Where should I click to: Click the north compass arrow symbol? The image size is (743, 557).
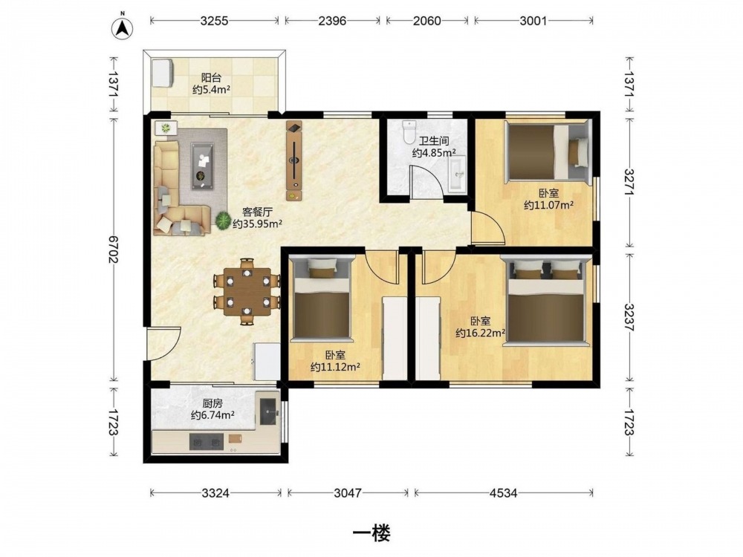point(123,28)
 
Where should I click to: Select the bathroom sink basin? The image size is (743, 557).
point(457,175)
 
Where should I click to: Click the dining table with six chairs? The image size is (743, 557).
point(247,291)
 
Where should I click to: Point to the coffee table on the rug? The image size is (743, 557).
point(202,166)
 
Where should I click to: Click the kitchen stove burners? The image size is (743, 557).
point(207,443)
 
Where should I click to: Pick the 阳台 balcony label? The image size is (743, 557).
point(211,78)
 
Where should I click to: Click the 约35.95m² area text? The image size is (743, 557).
point(257,224)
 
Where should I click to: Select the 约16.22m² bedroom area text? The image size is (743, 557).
point(481,333)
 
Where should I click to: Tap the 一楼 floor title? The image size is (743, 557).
point(371,534)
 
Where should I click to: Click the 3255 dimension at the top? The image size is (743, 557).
point(214,21)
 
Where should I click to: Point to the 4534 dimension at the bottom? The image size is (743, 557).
point(503,493)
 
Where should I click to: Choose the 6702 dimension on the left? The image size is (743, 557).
point(114,249)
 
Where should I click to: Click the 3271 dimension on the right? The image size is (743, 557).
point(629,183)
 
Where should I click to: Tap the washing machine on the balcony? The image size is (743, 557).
point(163,73)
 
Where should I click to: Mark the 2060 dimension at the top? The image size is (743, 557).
point(426,21)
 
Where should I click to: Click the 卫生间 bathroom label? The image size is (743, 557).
point(434,140)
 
